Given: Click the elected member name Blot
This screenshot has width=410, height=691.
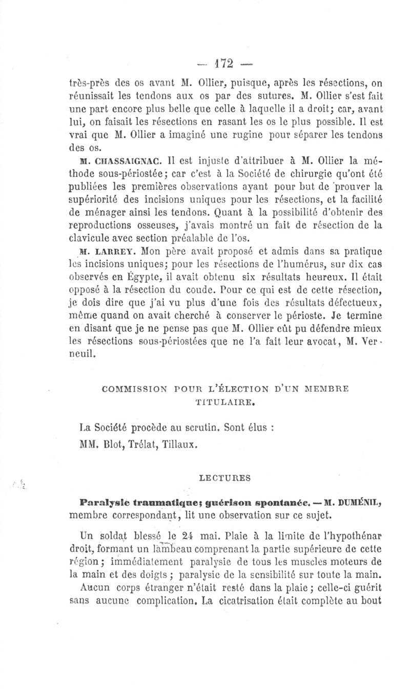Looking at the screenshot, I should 109,445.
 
